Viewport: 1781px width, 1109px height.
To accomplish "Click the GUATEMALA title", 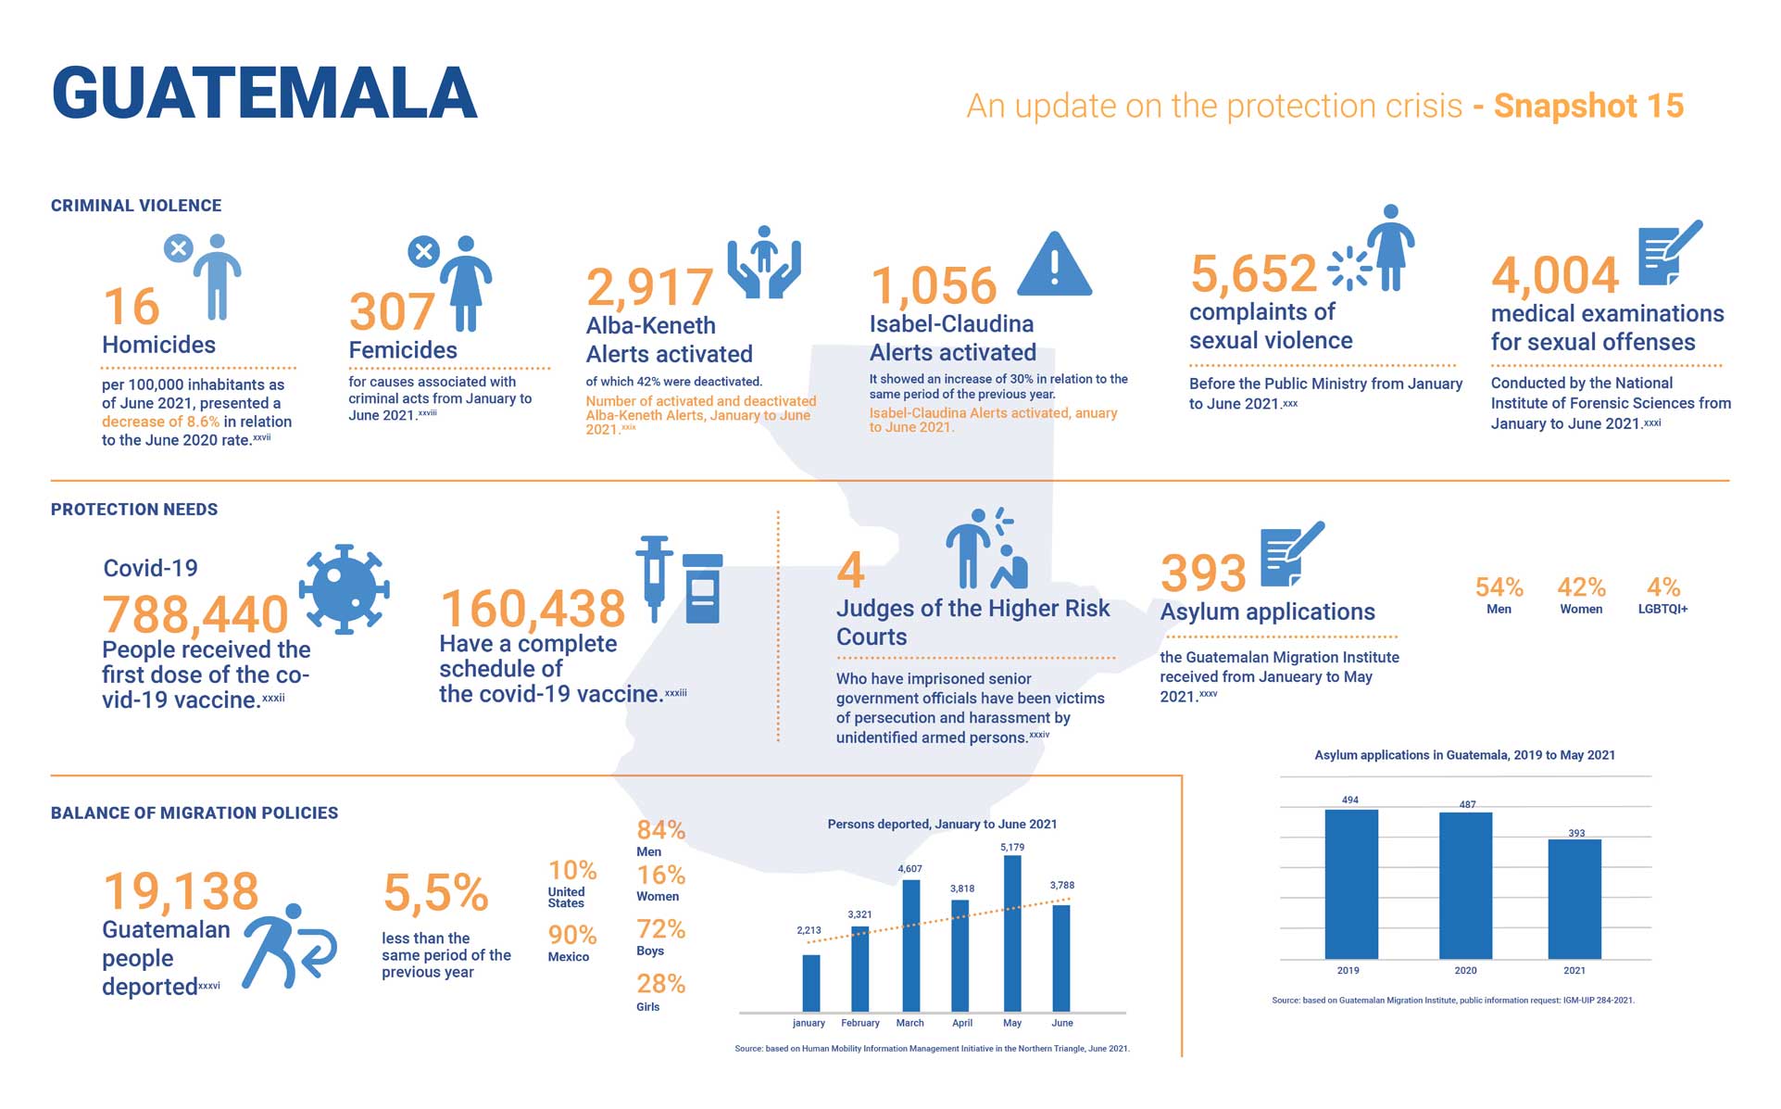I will coord(264,94).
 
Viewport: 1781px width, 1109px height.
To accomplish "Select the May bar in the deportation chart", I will coord(1012,933).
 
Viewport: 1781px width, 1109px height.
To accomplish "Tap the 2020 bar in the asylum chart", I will coord(1465,885).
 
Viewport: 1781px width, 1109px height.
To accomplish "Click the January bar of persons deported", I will coord(810,983).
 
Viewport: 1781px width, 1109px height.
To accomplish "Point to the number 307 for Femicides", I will coord(391,311).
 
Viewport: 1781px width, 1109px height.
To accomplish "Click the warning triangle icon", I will coord(1054,266).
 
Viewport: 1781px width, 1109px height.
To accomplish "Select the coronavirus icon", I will coord(345,588).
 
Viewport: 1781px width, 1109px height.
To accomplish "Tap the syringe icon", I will coord(654,576).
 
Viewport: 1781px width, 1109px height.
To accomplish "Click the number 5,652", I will coord(1252,273).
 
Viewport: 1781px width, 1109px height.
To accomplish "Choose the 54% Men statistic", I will coord(1499,595).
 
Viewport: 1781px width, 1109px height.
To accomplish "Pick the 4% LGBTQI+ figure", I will coord(1662,595).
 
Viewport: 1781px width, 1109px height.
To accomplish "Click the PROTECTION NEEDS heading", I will coord(134,510).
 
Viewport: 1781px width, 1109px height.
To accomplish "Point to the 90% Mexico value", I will coord(571,942).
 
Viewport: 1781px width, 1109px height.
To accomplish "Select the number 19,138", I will coord(181,891).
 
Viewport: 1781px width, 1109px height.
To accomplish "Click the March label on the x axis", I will coord(909,1023).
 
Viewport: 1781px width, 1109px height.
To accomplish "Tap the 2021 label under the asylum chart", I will coord(1574,970).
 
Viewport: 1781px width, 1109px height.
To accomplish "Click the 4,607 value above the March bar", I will coord(909,869).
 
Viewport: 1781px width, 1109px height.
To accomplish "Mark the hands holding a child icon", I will coord(763,262).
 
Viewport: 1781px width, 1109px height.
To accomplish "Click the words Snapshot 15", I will coord(1588,106).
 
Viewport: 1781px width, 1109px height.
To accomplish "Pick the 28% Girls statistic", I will coord(660,991).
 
